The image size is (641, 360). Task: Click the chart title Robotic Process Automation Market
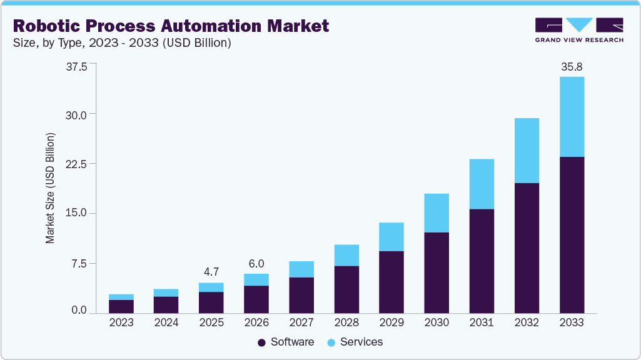(x=171, y=26)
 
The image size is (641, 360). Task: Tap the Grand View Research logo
(x=579, y=29)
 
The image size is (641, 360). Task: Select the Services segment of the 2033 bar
(x=572, y=116)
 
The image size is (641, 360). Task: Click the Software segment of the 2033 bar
(x=572, y=234)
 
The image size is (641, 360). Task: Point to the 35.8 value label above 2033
(x=572, y=66)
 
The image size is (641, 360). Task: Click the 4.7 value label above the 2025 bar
(x=211, y=272)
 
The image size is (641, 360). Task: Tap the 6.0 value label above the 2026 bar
(x=256, y=264)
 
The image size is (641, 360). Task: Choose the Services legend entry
(x=355, y=342)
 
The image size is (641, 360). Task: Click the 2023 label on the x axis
(x=121, y=322)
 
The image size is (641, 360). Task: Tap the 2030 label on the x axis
(x=437, y=322)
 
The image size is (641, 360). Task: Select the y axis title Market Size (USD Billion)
(x=50, y=188)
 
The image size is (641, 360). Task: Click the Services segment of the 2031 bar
(x=482, y=184)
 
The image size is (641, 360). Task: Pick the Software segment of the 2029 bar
(x=391, y=282)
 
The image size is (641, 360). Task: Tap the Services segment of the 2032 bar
(x=527, y=150)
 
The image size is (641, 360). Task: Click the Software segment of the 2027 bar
(x=301, y=295)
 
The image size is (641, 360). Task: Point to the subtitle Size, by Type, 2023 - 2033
(x=123, y=43)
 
